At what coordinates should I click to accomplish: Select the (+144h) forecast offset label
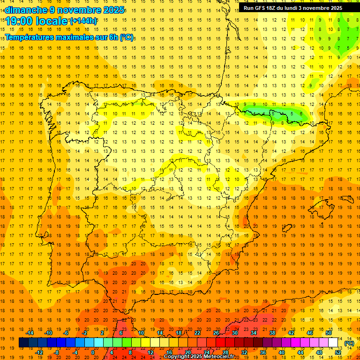click(x=83, y=21)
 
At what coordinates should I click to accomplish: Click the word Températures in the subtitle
click(x=30, y=37)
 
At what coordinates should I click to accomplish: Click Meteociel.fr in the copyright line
click(x=219, y=357)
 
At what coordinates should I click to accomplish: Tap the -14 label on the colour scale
click(x=30, y=333)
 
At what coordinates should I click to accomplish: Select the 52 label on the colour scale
click(x=338, y=352)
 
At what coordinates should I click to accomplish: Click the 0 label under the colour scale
click(x=93, y=352)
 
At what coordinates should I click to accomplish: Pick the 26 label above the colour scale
click(x=216, y=333)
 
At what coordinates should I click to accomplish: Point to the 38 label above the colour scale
click(x=272, y=333)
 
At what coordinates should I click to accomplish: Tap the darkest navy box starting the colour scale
click(x=23, y=343)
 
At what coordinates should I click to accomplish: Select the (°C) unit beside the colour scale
click(x=349, y=343)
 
